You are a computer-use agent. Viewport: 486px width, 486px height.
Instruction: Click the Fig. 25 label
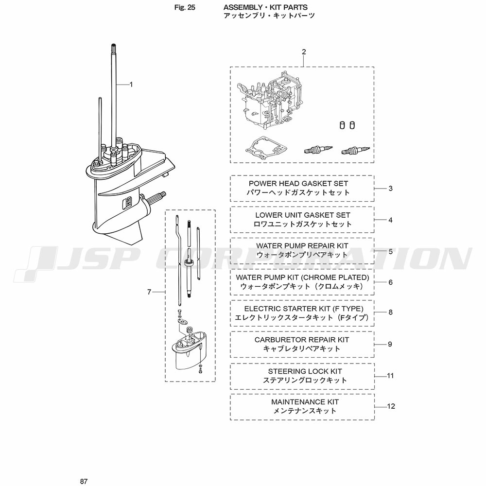185,7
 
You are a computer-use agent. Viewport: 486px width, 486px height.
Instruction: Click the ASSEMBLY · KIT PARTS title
265,7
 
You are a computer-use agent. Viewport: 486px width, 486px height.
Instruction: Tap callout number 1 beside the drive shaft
131,84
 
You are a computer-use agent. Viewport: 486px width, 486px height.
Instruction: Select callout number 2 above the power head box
304,52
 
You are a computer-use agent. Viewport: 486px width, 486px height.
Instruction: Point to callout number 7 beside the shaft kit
149,292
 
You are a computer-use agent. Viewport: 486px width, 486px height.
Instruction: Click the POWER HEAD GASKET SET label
298,184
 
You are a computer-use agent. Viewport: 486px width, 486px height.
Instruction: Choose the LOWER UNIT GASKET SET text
302,215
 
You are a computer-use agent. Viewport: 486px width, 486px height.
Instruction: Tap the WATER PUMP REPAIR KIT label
302,246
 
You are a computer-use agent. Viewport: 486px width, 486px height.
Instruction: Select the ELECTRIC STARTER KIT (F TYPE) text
304,309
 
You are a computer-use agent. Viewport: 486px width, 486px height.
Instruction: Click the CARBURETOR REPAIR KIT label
302,340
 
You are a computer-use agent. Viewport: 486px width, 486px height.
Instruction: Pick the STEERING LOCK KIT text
305,371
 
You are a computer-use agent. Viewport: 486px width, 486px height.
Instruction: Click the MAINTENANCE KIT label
305,402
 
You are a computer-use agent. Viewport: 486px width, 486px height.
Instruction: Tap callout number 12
391,406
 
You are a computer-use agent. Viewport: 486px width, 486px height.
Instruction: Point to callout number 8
391,312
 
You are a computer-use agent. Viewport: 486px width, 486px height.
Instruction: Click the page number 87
84,481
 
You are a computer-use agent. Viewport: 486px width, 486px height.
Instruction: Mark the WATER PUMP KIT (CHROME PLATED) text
302,278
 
